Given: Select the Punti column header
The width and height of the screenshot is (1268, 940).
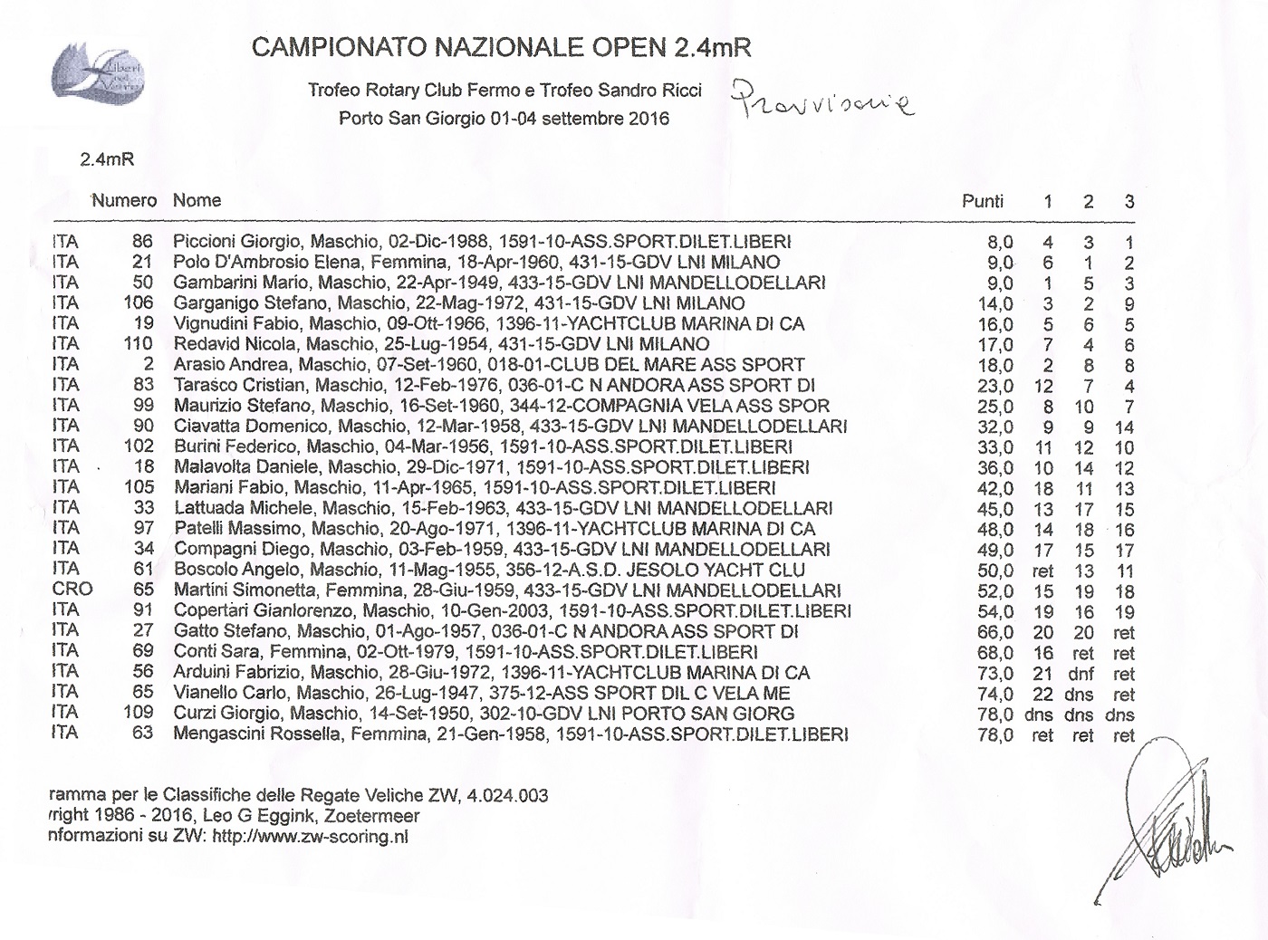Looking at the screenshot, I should (x=983, y=201).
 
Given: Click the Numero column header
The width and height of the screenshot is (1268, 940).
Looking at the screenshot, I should (x=124, y=200).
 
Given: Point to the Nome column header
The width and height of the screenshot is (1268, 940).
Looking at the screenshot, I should (x=197, y=200).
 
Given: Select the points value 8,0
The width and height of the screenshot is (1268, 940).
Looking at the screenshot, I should (x=999, y=243).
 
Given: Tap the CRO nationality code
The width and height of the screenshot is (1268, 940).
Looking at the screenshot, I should (x=72, y=589).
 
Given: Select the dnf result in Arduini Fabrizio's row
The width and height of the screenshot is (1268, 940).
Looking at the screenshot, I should (x=1082, y=674).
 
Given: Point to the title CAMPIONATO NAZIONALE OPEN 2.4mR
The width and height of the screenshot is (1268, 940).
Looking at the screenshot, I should (x=502, y=47).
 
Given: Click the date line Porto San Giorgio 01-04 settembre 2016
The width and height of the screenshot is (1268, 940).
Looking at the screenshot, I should (x=504, y=119).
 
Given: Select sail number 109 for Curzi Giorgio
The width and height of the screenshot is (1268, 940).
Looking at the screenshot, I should (x=139, y=713).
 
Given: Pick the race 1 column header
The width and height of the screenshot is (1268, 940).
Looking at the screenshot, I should (x=1048, y=201).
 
